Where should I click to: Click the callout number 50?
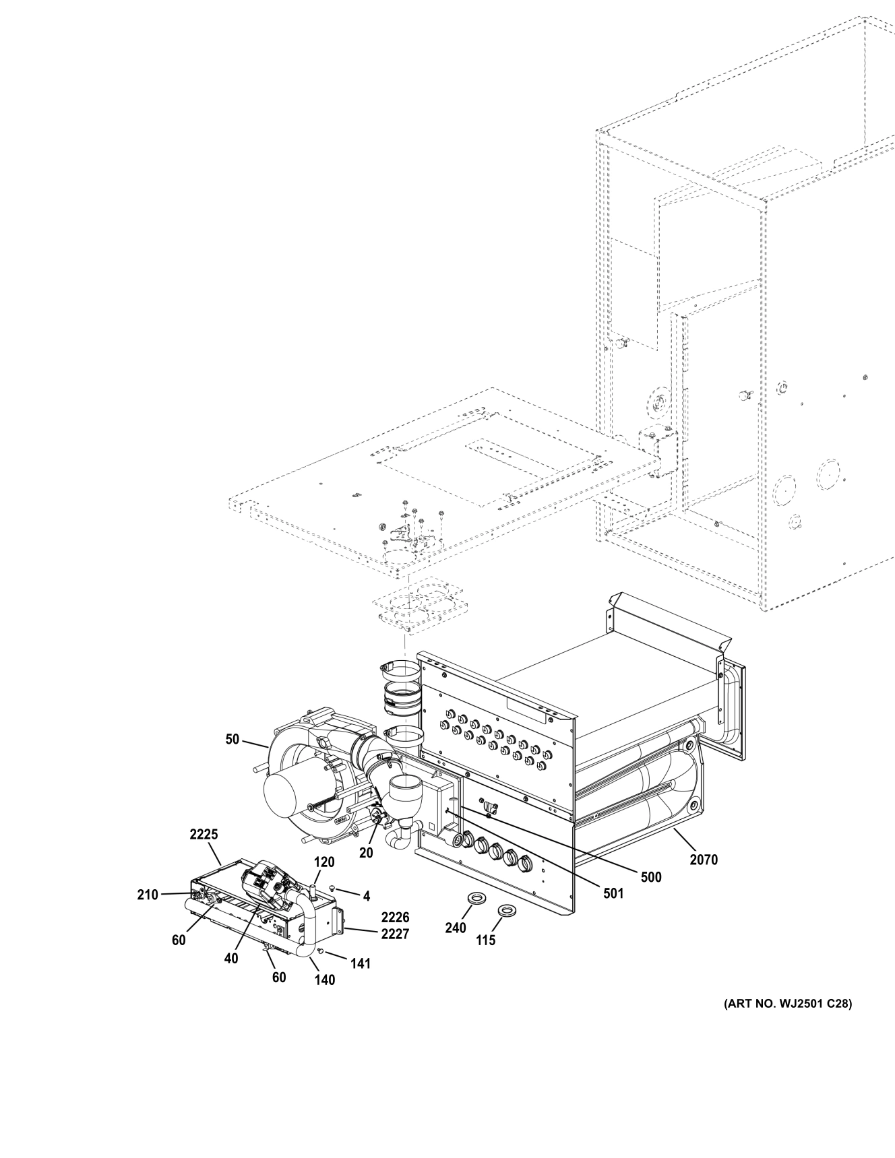click(x=232, y=739)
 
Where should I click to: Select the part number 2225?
click(x=204, y=834)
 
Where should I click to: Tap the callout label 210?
click(x=147, y=895)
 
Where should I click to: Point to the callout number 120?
click(x=323, y=862)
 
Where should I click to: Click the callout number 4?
click(x=367, y=896)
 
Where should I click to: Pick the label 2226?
click(x=395, y=918)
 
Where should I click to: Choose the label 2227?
click(x=395, y=934)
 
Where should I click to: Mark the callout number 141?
click(x=361, y=963)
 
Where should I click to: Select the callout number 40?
click(x=231, y=959)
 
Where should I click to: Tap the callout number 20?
click(x=366, y=852)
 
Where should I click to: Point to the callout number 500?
click(x=652, y=877)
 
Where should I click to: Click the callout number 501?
click(x=614, y=893)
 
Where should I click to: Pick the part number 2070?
click(x=704, y=859)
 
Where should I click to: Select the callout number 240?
click(x=456, y=928)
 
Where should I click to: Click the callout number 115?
click(x=485, y=940)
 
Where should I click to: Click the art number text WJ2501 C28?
click(x=787, y=1022)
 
